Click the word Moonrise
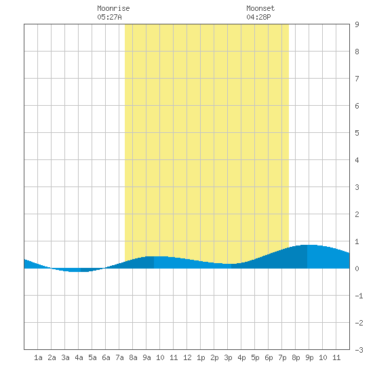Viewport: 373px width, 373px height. (x=113, y=8)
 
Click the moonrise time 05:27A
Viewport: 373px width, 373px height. (x=109, y=17)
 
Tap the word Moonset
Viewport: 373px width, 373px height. (x=260, y=8)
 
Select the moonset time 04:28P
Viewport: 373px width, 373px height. (x=258, y=17)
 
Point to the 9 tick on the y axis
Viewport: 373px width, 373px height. (x=357, y=24)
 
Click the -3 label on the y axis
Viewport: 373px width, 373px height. (x=359, y=350)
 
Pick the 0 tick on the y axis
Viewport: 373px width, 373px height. (x=357, y=269)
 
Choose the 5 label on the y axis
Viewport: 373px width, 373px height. (x=357, y=133)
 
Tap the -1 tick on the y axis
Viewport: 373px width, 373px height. (x=359, y=296)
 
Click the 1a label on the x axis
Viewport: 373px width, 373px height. (x=38, y=357)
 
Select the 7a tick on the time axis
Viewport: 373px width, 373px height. (x=119, y=357)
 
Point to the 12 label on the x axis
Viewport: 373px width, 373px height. (x=187, y=357)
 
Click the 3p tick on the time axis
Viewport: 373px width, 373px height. (x=228, y=357)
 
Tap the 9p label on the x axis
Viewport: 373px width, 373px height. (x=309, y=357)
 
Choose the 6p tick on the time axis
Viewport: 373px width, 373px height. (x=269, y=357)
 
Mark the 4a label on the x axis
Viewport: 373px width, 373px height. (x=79, y=357)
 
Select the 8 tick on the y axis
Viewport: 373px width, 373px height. (x=357, y=52)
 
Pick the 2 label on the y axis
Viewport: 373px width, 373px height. (x=357, y=214)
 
